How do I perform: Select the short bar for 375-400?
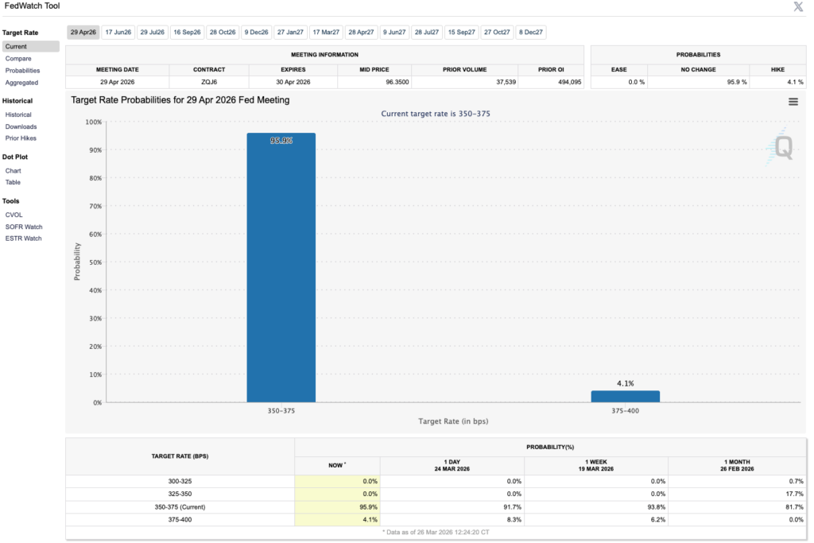pos(625,396)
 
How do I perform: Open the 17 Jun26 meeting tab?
pos(118,33)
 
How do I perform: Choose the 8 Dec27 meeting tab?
pos(530,33)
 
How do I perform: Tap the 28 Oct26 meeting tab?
pos(222,33)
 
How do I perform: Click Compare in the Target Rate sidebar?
pos(18,59)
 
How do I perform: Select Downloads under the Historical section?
pos(21,126)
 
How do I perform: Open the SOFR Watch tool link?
pos(23,227)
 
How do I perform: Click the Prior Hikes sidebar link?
pos(21,138)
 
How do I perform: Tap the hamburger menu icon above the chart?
pos(793,101)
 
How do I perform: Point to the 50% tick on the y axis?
pos(94,262)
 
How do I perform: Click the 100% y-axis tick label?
pos(93,122)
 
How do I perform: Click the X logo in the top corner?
pos(798,7)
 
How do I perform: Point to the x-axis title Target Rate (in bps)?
pos(452,421)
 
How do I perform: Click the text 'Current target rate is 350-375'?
pos(436,114)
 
